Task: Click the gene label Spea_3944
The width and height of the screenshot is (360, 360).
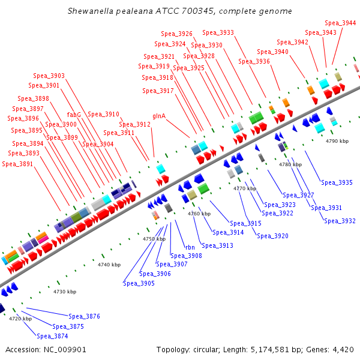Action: click(x=341, y=23)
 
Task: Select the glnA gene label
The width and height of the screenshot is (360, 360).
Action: click(x=159, y=115)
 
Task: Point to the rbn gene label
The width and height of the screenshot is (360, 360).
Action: click(x=190, y=247)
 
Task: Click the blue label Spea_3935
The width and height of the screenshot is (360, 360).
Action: click(x=337, y=182)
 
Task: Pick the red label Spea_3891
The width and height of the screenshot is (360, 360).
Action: click(x=17, y=164)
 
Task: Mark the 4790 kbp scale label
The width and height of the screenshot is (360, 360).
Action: click(x=337, y=141)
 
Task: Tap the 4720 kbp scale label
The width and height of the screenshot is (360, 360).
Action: click(x=20, y=319)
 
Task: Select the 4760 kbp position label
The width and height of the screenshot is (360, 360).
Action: click(x=199, y=214)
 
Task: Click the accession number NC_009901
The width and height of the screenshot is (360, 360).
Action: click(x=67, y=350)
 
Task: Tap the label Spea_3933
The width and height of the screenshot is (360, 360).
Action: click(x=218, y=32)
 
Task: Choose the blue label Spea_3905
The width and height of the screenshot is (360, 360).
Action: click(x=139, y=283)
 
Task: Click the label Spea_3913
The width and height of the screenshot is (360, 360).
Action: click(x=217, y=245)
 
